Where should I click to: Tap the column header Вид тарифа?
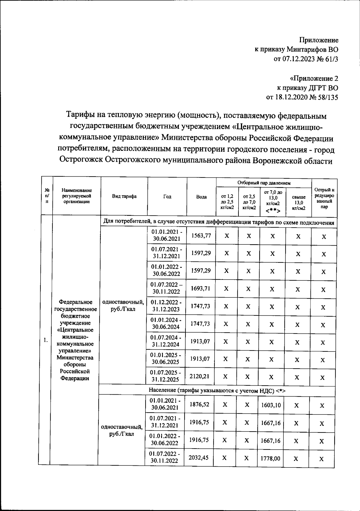(x=124, y=196)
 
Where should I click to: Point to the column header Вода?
(x=201, y=197)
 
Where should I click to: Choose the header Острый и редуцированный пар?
(x=324, y=198)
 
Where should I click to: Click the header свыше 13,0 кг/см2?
(x=298, y=202)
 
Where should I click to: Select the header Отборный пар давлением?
(x=264, y=183)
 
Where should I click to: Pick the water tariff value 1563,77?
(x=201, y=236)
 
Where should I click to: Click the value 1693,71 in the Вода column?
(x=200, y=288)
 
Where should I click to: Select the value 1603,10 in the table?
(x=271, y=405)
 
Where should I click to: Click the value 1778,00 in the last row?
(x=270, y=459)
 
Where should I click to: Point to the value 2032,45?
(x=199, y=458)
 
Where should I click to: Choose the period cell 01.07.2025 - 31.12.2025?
(x=166, y=376)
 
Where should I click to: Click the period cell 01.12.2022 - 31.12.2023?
(x=166, y=306)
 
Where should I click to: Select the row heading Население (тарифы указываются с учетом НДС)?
(x=217, y=390)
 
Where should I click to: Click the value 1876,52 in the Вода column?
(x=199, y=405)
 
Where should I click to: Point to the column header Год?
(x=167, y=196)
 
